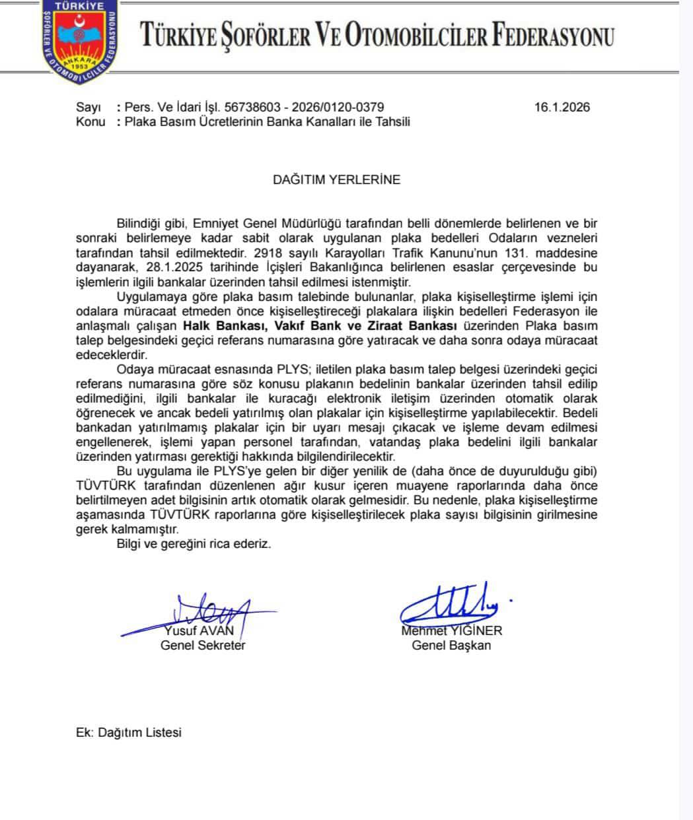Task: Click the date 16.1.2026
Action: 562,108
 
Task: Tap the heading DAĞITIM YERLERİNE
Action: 337,180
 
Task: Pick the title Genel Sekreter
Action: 203,645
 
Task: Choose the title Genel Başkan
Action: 451,645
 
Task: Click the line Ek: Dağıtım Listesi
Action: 129,732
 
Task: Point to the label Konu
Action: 91,122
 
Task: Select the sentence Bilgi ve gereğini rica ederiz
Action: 194,544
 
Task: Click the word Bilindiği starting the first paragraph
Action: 141,224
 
